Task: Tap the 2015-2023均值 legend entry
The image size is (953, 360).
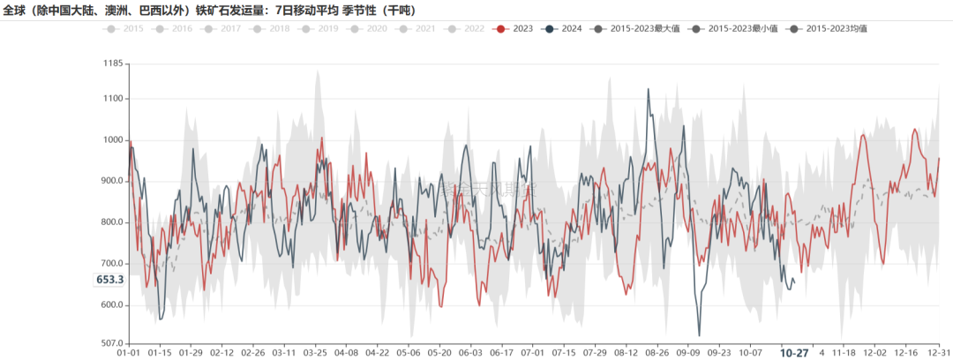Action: tap(829, 29)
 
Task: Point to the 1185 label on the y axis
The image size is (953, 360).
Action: tap(112, 64)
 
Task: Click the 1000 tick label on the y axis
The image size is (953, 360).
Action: tap(112, 140)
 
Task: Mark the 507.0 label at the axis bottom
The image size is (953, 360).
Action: tap(110, 343)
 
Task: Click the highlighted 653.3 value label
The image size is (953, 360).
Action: tap(109, 280)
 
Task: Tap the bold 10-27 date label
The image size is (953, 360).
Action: tap(794, 353)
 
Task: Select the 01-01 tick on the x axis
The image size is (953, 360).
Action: tap(130, 352)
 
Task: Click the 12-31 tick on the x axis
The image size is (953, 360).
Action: tap(940, 352)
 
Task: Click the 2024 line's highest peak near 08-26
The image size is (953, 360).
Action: tap(649, 89)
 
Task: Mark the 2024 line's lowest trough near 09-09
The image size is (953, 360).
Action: tap(699, 335)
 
